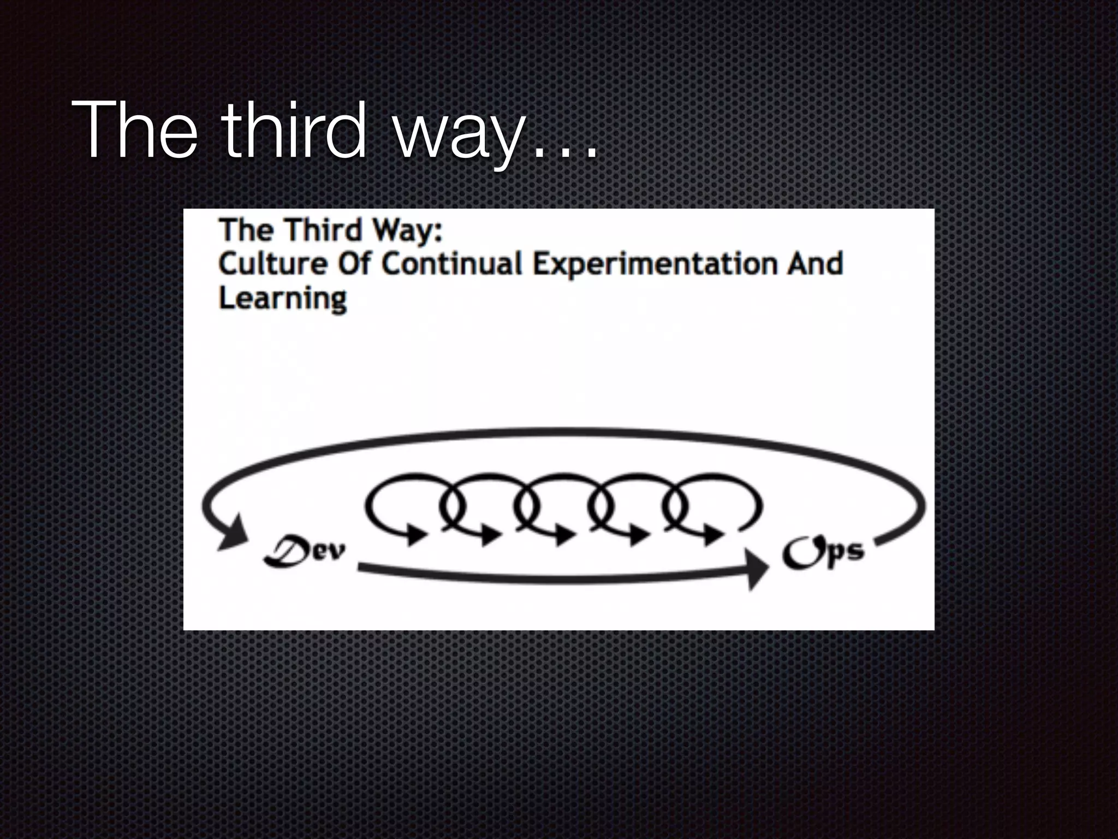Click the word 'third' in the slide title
point(295,131)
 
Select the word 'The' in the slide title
point(134,131)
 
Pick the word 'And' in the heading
point(814,264)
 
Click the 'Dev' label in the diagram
point(304,553)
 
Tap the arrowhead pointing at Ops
point(758,569)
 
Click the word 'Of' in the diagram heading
point(354,264)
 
